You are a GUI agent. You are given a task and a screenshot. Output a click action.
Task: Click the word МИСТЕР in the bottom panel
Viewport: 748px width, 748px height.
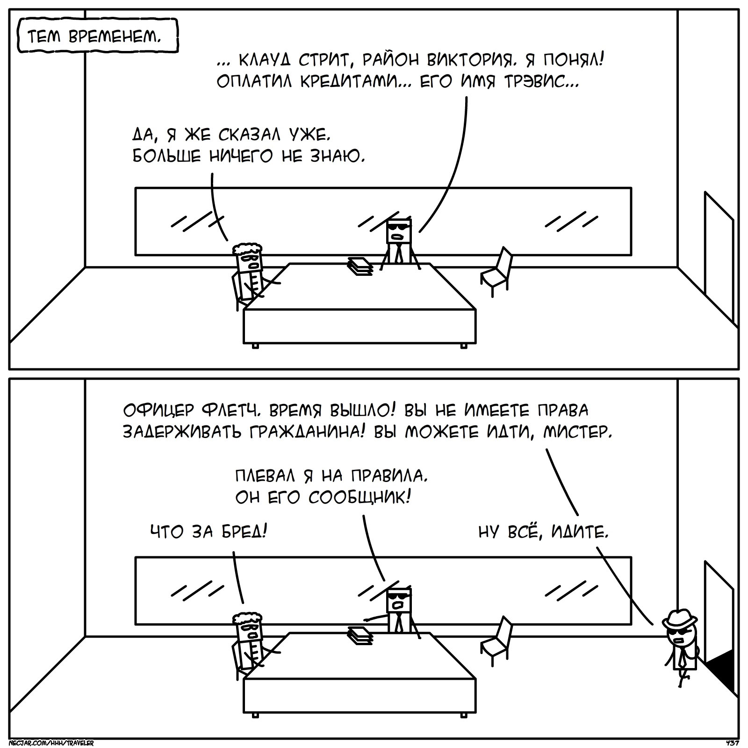(578, 432)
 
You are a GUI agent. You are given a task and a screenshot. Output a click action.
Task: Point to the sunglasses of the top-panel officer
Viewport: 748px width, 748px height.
(400, 228)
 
